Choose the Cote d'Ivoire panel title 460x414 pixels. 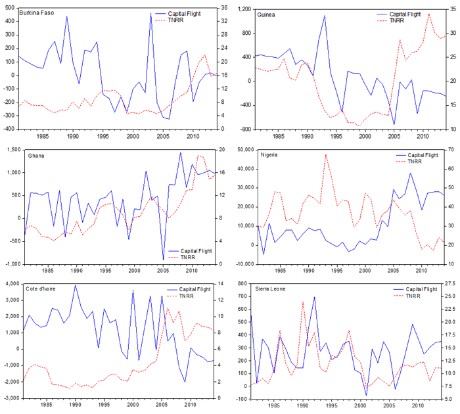(44, 289)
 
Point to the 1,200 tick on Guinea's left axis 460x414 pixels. (241, 9)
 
